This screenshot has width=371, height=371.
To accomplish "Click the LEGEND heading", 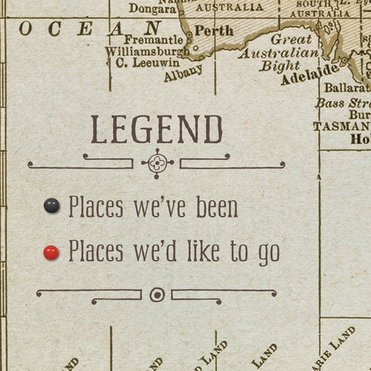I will coord(157,130).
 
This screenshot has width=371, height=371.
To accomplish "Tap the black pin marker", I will coord(52,206).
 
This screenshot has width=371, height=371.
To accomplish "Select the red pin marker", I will coord(51,252).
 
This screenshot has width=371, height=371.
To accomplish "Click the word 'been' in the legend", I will coord(217,208).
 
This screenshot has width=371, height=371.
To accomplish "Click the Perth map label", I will coord(214,30).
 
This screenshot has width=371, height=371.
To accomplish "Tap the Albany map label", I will coord(183,73).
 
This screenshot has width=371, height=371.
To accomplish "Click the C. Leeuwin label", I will coord(148,62).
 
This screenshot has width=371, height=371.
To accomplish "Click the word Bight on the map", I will coord(279,66).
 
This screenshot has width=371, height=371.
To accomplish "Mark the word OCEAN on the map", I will coord(89,28).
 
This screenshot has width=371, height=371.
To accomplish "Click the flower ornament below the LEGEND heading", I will coord(157,163).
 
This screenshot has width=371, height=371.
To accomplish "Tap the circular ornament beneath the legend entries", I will coord(157,295).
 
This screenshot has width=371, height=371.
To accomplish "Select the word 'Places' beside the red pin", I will coord(96,251).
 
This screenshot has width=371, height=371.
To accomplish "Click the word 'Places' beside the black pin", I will coord(96,207).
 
